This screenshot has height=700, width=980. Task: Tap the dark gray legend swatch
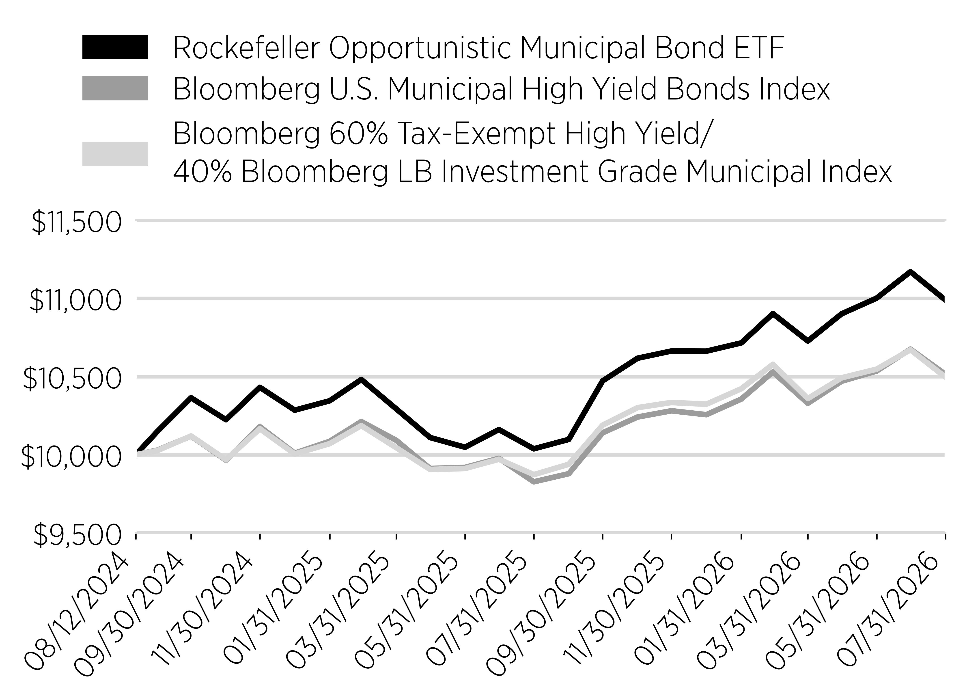pyautogui.click(x=115, y=88)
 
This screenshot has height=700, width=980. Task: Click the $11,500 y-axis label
pyautogui.click(x=77, y=223)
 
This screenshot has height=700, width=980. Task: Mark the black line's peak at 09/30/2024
pyautogui.click(x=191, y=397)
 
